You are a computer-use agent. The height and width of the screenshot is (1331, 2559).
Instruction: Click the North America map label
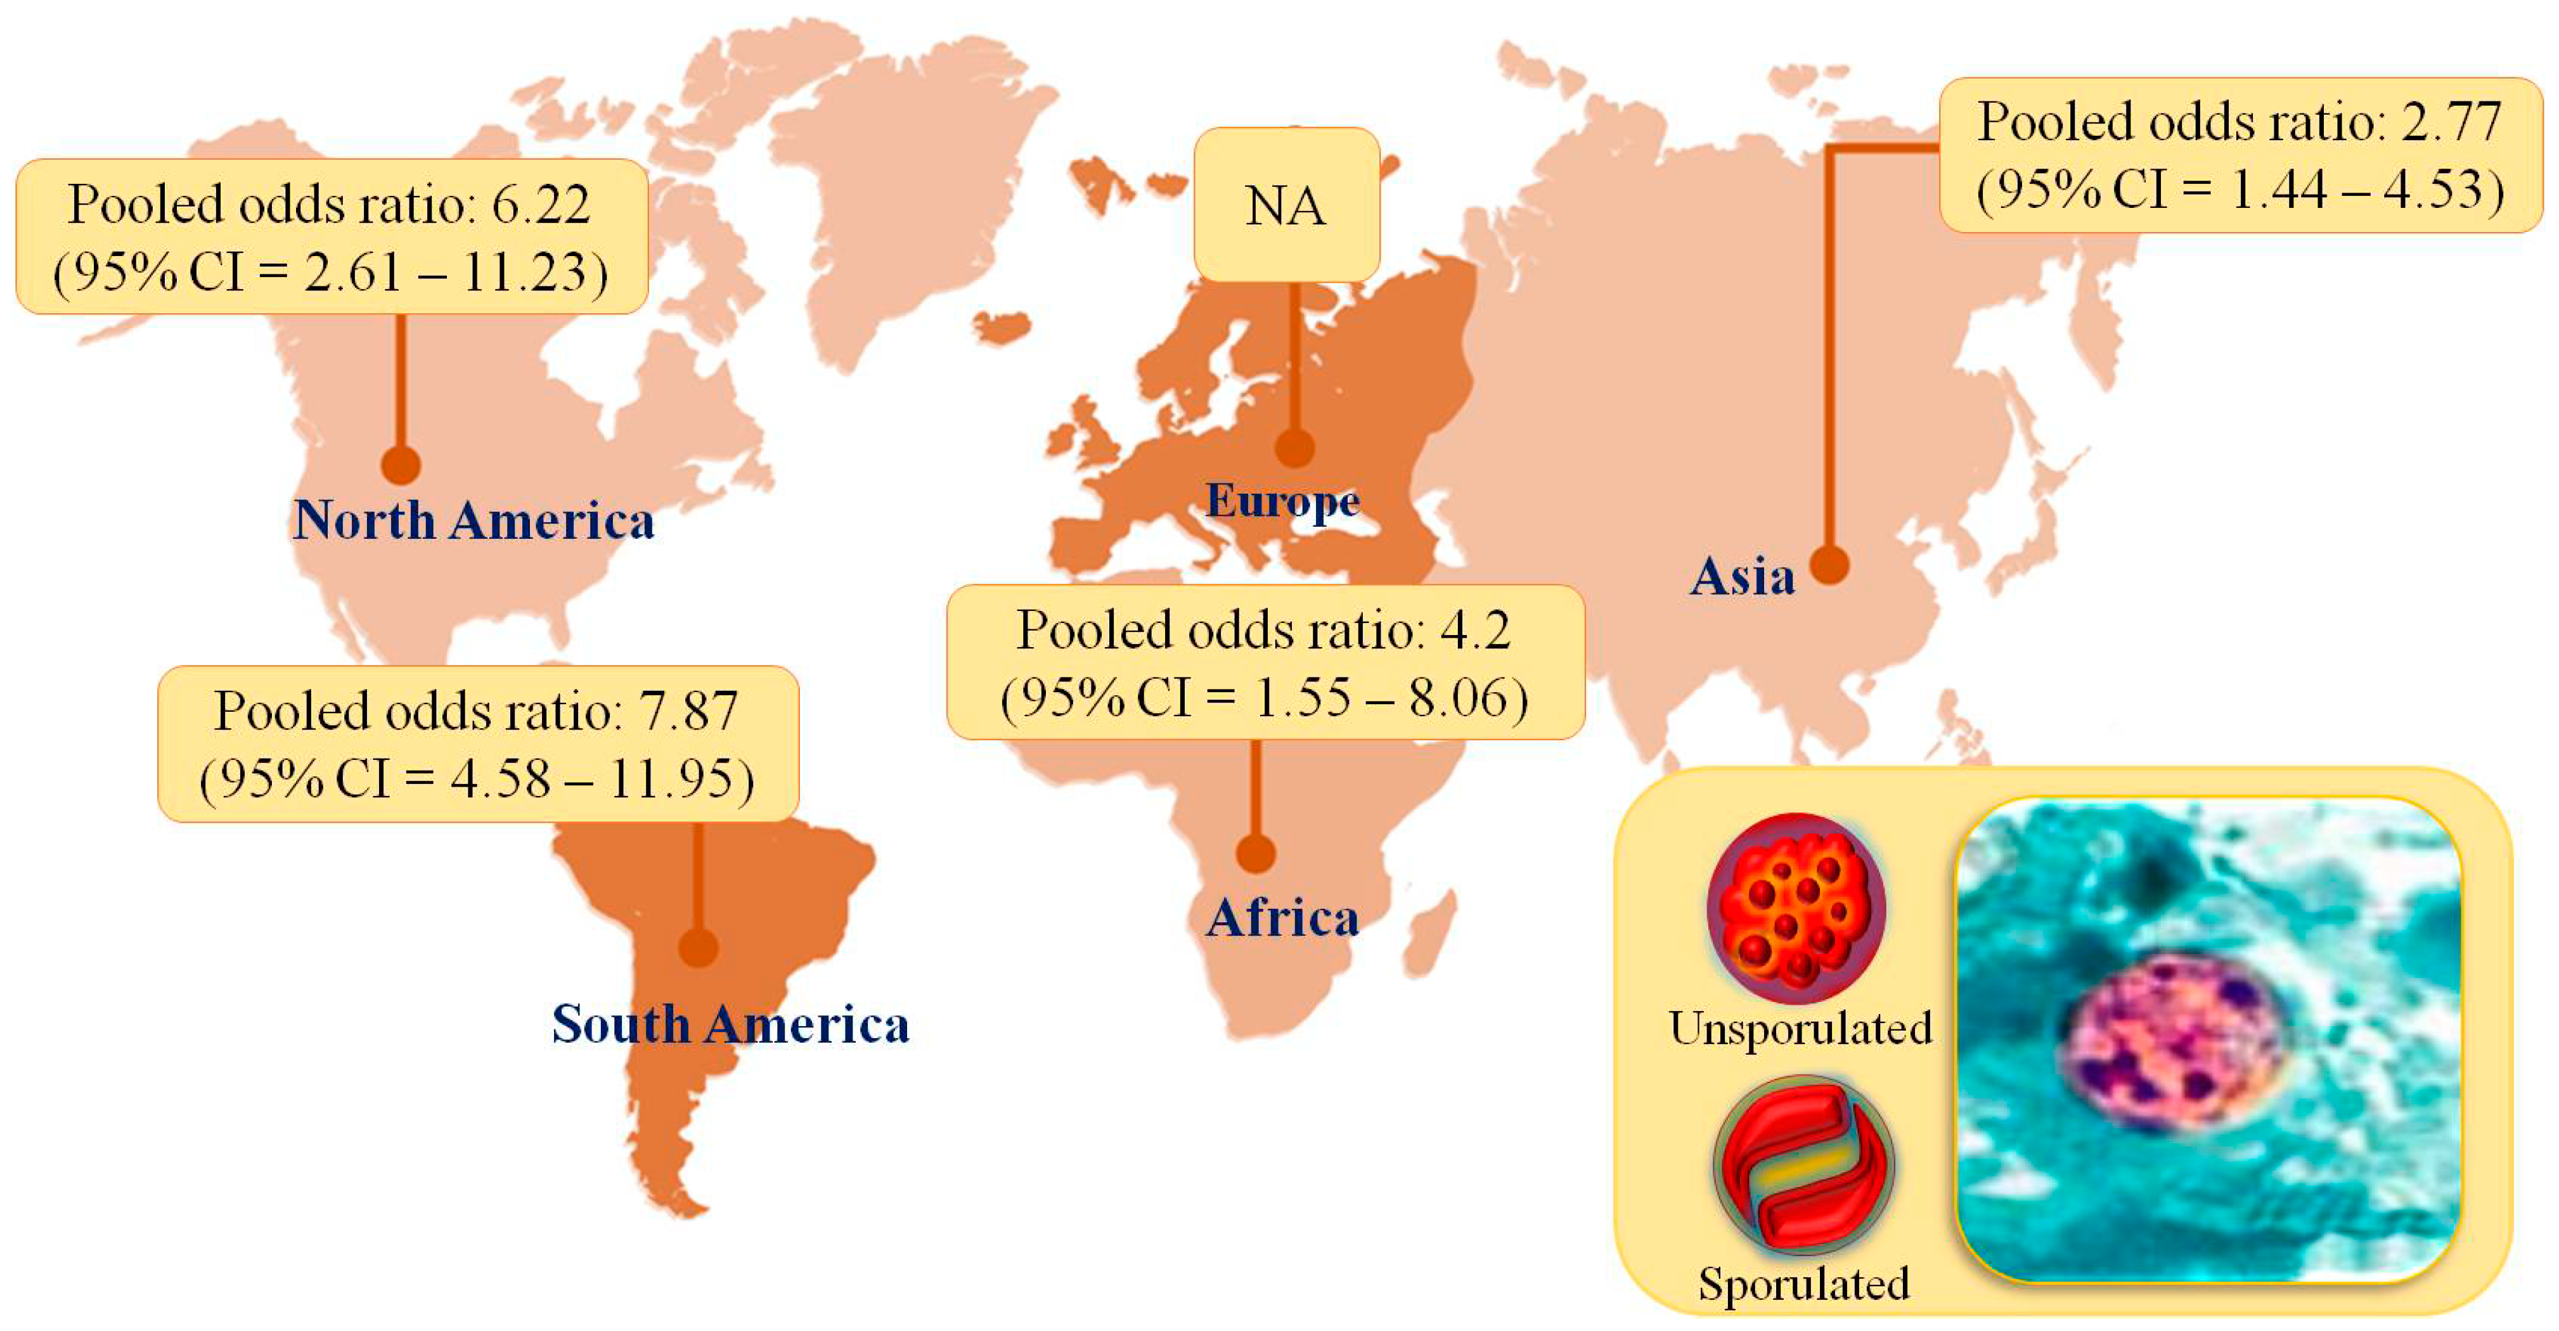point(474,520)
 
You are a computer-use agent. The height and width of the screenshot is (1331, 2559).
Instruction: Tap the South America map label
point(730,1024)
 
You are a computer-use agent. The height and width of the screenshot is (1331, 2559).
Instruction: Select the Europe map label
point(1282,501)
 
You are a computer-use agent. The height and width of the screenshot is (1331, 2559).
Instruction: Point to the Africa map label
point(1282,918)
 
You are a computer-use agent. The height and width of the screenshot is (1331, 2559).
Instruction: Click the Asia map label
point(1743,576)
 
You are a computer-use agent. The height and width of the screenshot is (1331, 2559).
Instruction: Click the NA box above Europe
point(1286,205)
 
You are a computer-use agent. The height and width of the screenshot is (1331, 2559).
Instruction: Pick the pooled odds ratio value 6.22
point(541,205)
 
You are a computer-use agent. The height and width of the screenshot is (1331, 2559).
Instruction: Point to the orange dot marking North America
point(401,465)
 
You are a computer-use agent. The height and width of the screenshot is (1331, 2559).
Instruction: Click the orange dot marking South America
point(699,947)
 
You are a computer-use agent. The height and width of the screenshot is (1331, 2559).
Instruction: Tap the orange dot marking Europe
point(1294,448)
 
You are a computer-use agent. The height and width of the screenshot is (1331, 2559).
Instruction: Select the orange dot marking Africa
point(1256,853)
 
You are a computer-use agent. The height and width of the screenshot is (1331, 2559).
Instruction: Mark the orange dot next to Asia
point(1829,566)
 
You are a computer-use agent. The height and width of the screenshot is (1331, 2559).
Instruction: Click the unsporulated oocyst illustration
point(1796,907)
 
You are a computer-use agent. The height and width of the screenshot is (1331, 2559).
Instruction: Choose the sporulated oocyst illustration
point(1803,1165)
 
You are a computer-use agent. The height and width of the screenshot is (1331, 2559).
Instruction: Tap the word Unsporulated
point(1801,1028)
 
